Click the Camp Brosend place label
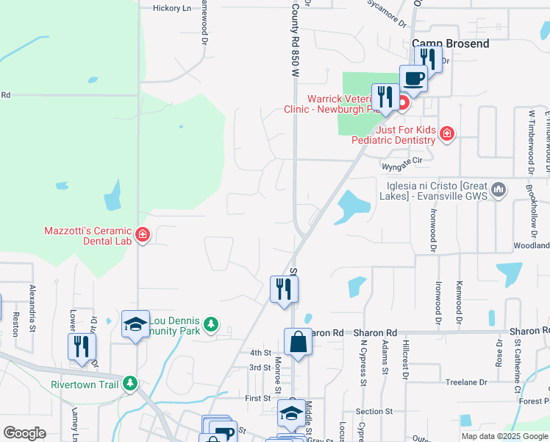tap(450, 44)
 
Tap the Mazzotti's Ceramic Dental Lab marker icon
tap(143, 236)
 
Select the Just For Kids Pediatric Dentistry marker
tap(446, 133)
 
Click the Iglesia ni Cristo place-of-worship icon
tap(499, 189)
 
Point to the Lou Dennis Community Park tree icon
tap(211, 324)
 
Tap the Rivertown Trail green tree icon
tap(130, 384)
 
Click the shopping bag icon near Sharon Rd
tap(298, 343)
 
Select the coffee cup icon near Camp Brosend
tap(413, 78)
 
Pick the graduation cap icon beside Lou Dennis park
tap(135, 325)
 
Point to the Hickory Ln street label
tap(171, 9)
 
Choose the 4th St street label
tap(260, 353)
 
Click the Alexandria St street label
tap(32, 309)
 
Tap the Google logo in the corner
tap(25, 433)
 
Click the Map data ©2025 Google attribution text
tap(504, 436)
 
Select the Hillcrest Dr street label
tap(404, 358)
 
